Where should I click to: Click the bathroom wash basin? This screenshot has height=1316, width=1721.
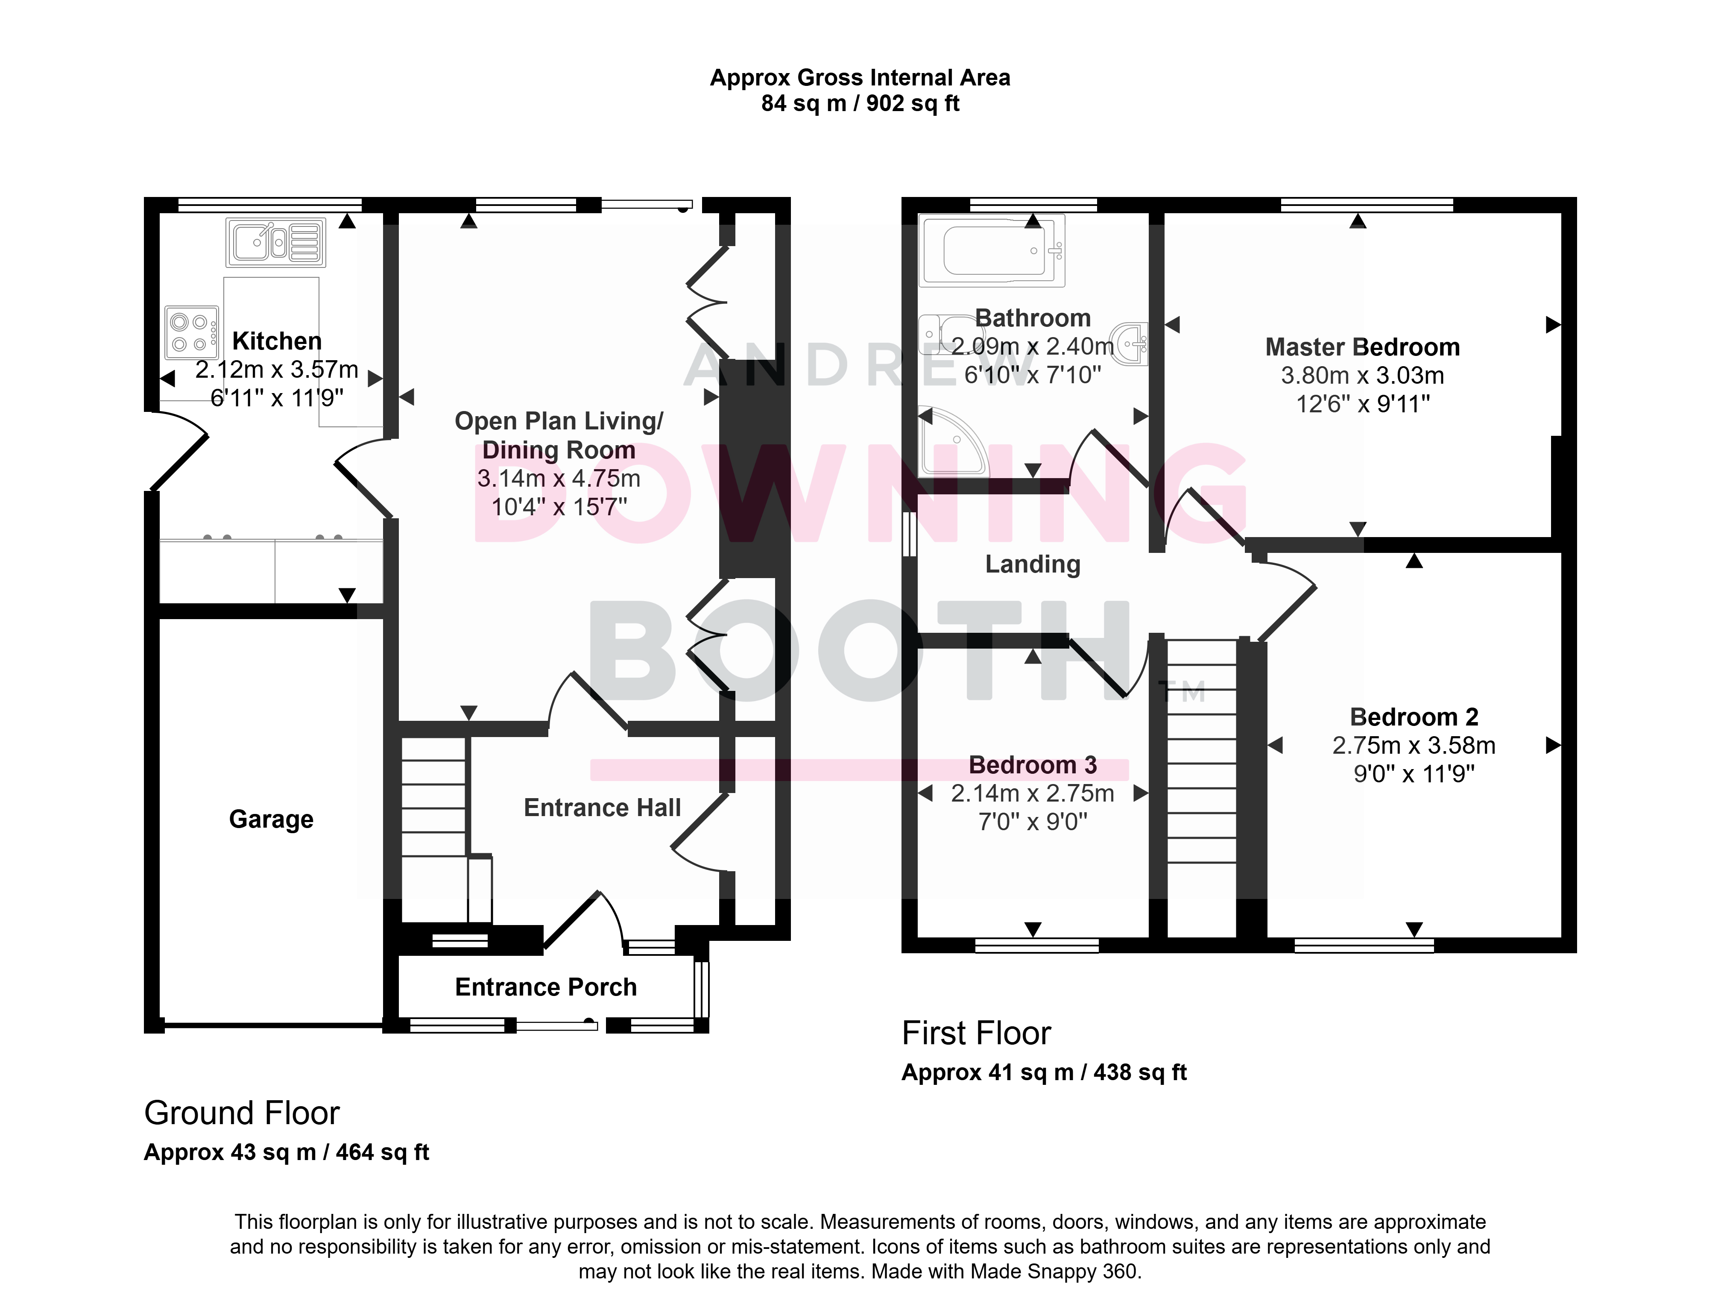tap(1133, 343)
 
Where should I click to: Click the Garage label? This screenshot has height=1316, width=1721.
tap(271, 820)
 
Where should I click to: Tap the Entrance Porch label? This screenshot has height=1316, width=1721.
tap(546, 987)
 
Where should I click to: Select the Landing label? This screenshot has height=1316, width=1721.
tap(1032, 564)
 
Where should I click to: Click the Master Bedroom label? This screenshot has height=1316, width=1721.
tap(1362, 347)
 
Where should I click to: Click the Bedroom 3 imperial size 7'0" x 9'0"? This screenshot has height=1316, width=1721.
tap(1033, 822)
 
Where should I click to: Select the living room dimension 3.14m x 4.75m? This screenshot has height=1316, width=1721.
tap(559, 478)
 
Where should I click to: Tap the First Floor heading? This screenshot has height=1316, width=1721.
tap(976, 1033)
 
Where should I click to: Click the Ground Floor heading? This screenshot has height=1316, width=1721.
tap(242, 1113)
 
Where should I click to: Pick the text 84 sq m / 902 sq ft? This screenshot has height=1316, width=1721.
tap(860, 103)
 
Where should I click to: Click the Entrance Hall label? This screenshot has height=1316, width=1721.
tap(602, 808)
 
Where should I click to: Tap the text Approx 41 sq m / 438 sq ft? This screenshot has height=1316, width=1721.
tap(1044, 1072)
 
